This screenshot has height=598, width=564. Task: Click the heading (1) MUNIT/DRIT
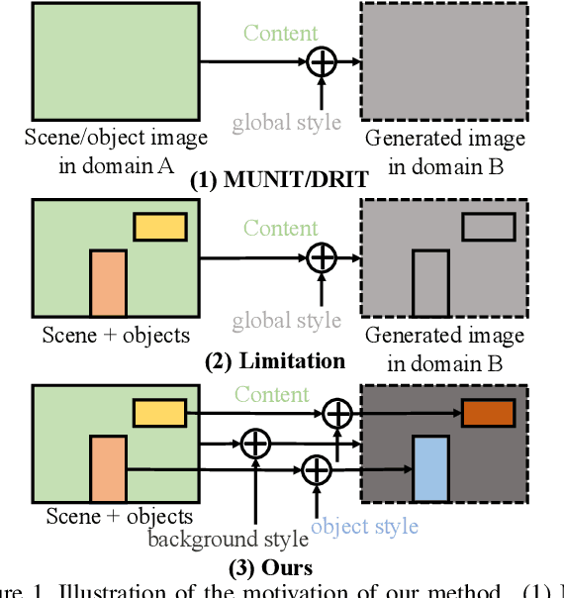pos(279,181)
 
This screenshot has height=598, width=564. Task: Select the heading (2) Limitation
pos(275,361)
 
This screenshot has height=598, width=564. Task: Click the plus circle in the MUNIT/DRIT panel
pos(321,61)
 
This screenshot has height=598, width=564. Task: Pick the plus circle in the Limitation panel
pos(321,258)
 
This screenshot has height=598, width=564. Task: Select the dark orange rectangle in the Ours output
pos(488,413)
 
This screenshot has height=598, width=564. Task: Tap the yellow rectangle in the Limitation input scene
pos(160,227)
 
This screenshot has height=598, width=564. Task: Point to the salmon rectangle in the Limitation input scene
pos(108,284)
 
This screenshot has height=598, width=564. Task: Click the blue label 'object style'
pos(364,526)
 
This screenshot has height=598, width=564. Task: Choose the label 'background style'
pos(229,540)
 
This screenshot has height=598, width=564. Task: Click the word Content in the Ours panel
pos(271,394)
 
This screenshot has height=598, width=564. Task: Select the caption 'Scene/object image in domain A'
pos(117,151)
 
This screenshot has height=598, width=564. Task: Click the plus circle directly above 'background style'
pos(255,442)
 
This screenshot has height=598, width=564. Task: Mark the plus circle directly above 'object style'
pos(316,467)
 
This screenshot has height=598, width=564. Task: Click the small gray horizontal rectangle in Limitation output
pos(488,227)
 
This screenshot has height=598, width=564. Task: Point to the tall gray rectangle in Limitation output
pos(430,284)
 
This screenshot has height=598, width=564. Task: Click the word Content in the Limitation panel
pos(281,229)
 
